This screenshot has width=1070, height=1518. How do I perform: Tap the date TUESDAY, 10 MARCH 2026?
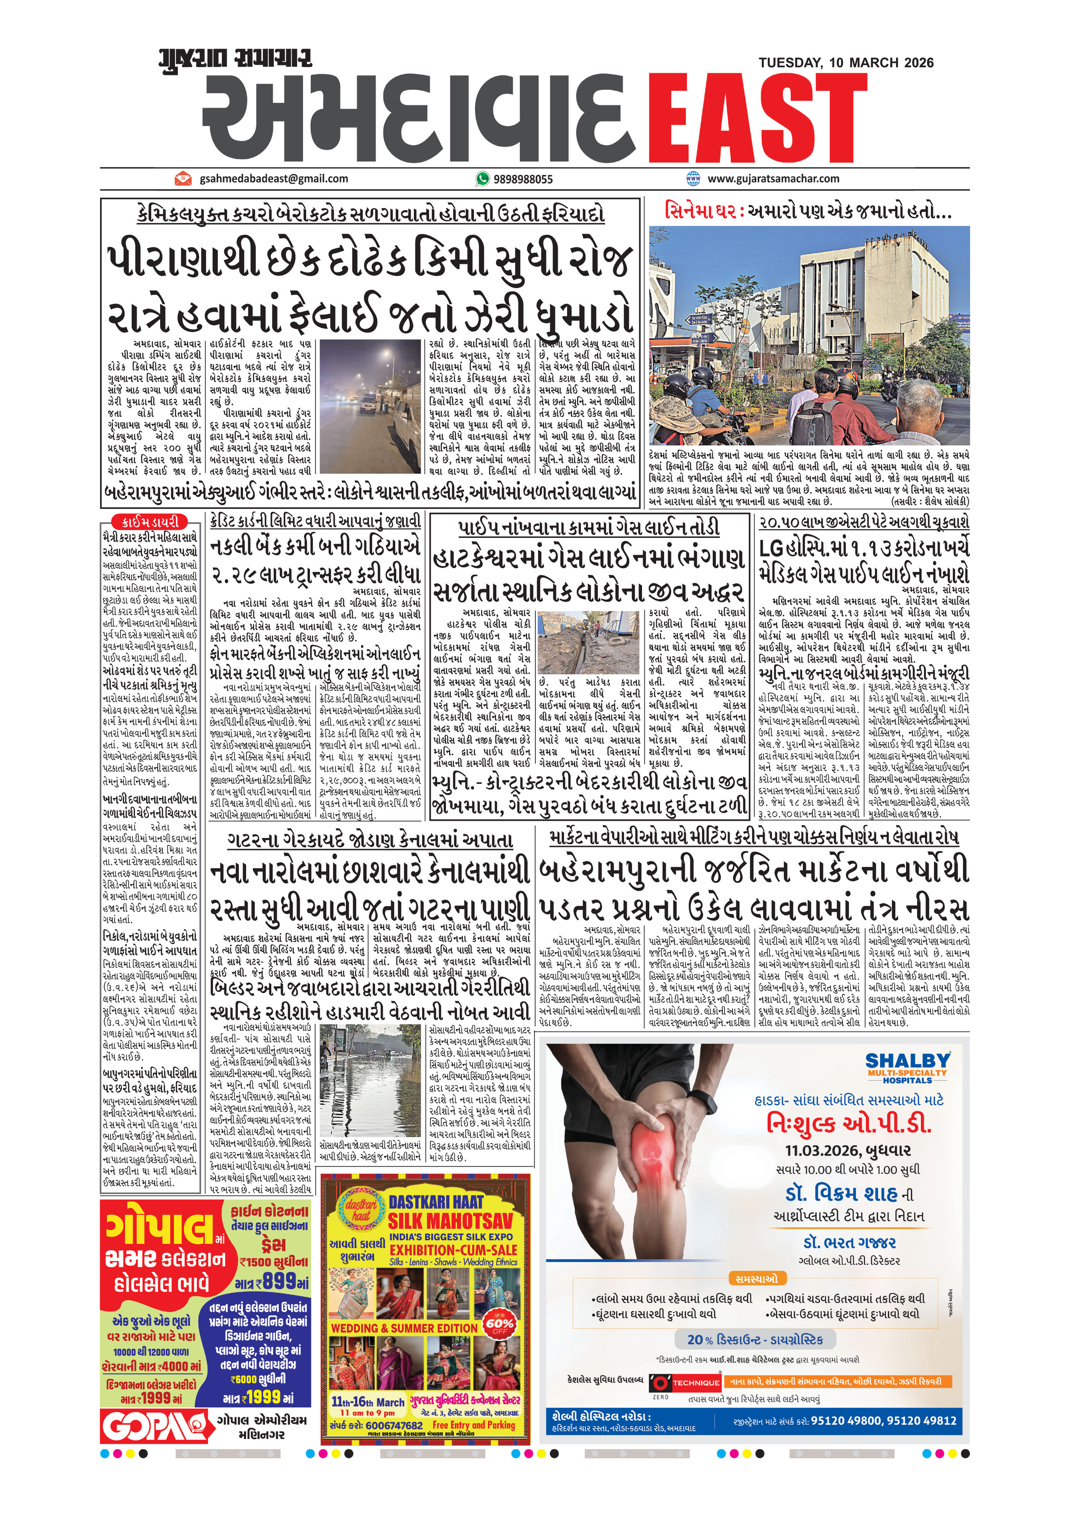(846, 63)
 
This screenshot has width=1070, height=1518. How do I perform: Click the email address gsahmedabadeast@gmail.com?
(273, 178)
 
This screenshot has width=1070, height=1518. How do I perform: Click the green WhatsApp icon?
(482, 178)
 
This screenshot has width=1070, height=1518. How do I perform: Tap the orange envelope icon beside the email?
(183, 178)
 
